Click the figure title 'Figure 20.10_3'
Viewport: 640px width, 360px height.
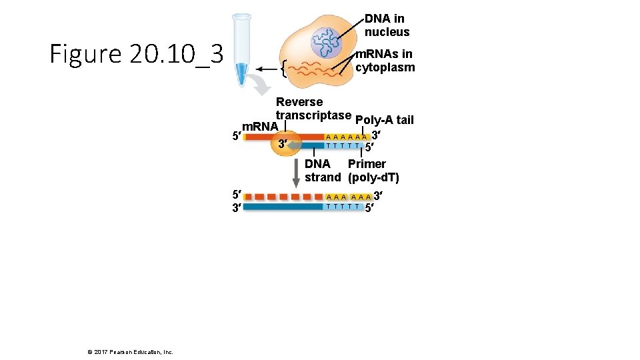click(x=136, y=54)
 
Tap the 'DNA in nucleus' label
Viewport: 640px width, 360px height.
click(x=387, y=25)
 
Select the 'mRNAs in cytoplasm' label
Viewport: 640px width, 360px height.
click(x=385, y=61)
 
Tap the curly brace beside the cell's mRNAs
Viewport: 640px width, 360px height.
click(x=284, y=69)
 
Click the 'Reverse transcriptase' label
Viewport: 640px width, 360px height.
click(x=304, y=109)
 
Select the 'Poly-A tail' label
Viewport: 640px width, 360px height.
click(x=385, y=120)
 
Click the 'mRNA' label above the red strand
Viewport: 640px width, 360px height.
click(x=260, y=127)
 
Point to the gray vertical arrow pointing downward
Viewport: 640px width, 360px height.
click(x=296, y=175)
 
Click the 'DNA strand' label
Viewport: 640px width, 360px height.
click(x=323, y=171)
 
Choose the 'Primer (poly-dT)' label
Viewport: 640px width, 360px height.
click(x=373, y=171)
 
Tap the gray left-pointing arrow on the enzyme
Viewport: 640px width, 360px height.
click(x=294, y=143)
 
